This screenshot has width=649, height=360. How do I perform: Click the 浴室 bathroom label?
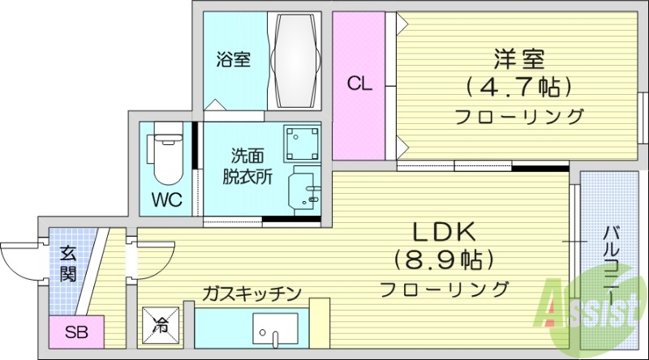(x=233, y=59)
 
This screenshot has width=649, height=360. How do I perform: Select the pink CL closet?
(x=360, y=84)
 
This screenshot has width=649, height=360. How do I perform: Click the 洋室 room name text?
(x=519, y=59)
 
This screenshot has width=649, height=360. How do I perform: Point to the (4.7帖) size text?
(x=519, y=86)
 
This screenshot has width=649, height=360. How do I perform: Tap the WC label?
(x=166, y=199)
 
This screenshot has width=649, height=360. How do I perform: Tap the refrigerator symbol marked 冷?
(x=161, y=326)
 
